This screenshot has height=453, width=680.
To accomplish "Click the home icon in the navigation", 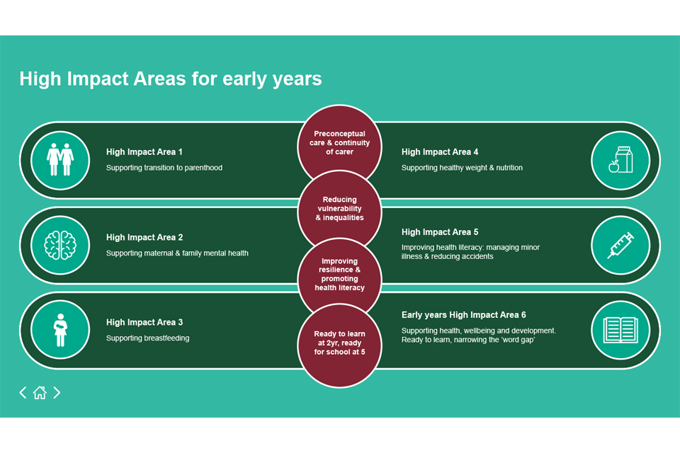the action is click(x=40, y=392).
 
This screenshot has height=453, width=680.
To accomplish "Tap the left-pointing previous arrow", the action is click(x=23, y=392).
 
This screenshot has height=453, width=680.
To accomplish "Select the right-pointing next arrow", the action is click(x=57, y=392).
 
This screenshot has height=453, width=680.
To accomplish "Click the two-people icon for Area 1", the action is click(x=60, y=159).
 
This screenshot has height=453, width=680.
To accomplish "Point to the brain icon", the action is click(x=60, y=245).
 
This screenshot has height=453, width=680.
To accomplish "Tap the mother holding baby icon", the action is click(x=60, y=330).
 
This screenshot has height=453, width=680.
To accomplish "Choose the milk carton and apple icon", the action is click(x=620, y=159).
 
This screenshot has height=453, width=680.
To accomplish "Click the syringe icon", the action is click(x=620, y=245).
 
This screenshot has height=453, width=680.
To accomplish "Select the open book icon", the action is click(x=620, y=330).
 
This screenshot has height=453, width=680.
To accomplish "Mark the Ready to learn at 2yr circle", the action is click(x=339, y=345).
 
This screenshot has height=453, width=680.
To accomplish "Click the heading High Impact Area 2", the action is click(x=144, y=238).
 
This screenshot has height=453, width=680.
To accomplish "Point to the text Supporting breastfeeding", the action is click(x=147, y=338).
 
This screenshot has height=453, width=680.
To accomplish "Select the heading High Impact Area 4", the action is click(x=440, y=152).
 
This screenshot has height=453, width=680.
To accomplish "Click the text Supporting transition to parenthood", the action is click(x=164, y=168).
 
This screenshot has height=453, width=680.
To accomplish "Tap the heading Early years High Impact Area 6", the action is click(x=463, y=315).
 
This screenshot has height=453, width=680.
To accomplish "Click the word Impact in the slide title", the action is click(x=98, y=79).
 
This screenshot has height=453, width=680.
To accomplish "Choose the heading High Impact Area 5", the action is click(x=440, y=232).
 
